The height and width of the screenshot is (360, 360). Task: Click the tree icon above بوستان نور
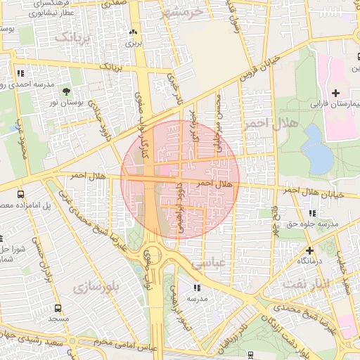pos(67,91)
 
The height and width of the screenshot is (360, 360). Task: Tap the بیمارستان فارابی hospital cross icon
pos(335,93)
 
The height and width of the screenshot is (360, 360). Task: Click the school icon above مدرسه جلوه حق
pos(311,214)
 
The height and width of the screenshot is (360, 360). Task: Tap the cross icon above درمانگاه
pos(309,250)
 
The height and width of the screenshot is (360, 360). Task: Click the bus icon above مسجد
pos(58,308)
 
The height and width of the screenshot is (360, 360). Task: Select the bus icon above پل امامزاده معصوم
pos(20,194)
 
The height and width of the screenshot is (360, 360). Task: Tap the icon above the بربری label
pos(134,32)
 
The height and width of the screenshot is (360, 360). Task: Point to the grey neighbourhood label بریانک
pos(73,37)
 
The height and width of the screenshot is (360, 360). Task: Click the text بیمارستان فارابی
pos(335,104)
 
